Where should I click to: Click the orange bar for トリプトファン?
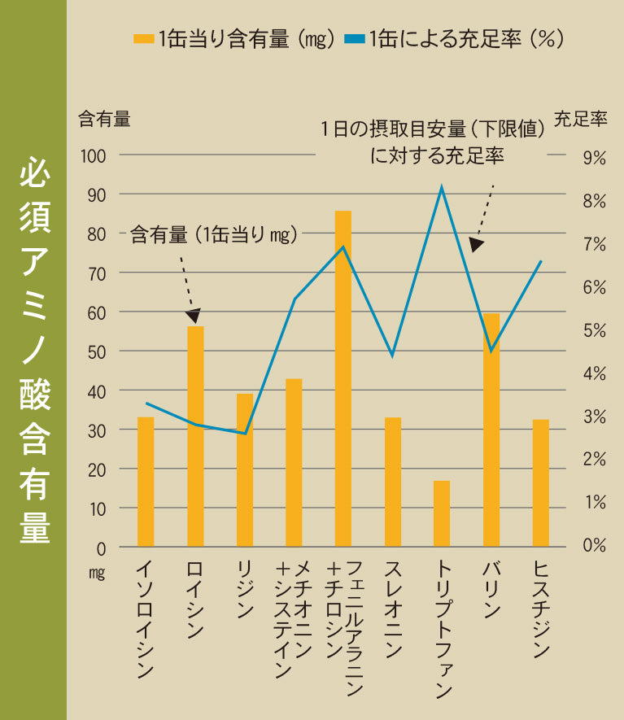(x=442, y=513)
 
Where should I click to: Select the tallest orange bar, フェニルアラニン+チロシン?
(x=343, y=378)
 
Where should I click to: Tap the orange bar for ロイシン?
(x=195, y=436)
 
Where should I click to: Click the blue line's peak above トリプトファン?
(x=442, y=188)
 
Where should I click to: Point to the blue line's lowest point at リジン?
(x=245, y=434)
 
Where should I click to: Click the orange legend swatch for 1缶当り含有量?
(x=143, y=39)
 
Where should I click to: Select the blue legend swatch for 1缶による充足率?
(x=355, y=39)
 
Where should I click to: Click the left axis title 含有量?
(x=104, y=120)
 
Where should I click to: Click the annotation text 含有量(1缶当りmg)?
(x=214, y=235)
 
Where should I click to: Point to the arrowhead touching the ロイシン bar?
(x=194, y=316)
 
